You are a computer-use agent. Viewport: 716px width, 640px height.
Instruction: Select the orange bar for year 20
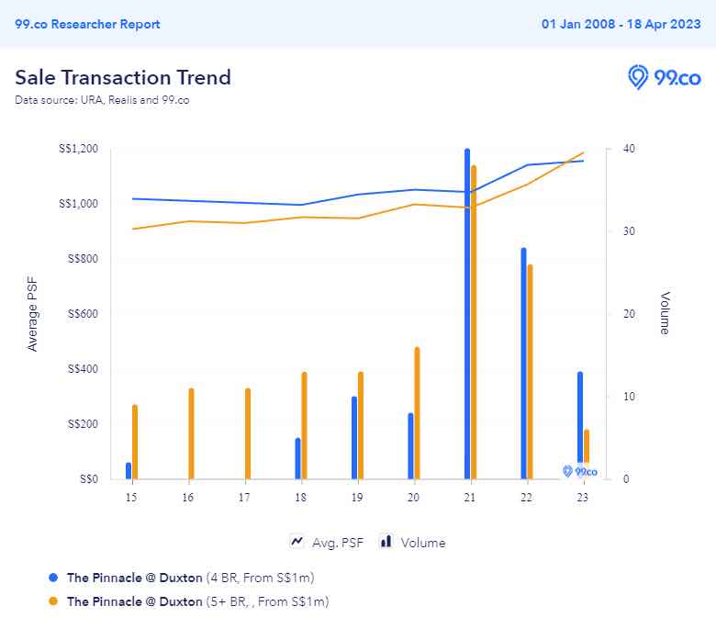(417, 413)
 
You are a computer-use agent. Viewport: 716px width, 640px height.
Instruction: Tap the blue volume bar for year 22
(523, 364)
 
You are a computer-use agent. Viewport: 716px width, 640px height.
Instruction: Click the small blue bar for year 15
(129, 470)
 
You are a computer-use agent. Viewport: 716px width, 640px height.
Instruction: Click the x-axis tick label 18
(300, 497)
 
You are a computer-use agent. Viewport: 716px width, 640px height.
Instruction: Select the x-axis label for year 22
(525, 497)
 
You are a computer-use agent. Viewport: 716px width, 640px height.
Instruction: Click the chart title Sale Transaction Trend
(123, 77)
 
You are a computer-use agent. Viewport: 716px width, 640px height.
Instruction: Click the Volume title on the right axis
(665, 313)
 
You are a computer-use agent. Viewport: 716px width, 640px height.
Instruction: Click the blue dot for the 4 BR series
(53, 578)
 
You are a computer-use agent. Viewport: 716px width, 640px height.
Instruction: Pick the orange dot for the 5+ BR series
(53, 601)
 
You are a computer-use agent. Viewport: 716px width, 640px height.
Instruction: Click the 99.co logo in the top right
(664, 77)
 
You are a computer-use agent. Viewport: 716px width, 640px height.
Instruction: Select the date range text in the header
(621, 24)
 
